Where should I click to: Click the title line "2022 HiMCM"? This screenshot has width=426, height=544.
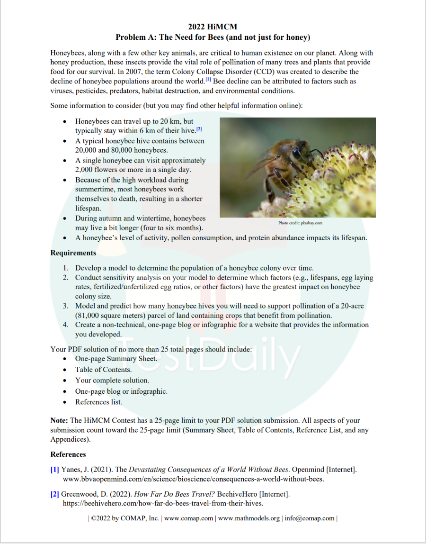point(213,27)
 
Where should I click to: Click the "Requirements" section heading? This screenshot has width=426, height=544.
point(73,253)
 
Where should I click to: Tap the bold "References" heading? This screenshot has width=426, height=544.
point(68,454)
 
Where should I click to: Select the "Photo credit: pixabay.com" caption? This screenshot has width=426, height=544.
point(300,223)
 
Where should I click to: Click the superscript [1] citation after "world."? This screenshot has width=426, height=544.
point(208,80)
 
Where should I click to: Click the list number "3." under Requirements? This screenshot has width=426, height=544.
point(66,306)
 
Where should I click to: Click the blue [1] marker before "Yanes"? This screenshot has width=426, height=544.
point(55,470)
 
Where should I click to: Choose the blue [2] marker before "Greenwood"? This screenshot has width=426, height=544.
point(55,494)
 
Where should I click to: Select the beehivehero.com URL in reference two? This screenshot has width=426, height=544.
point(163,503)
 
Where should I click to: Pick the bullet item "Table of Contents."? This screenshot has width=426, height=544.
point(103,370)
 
